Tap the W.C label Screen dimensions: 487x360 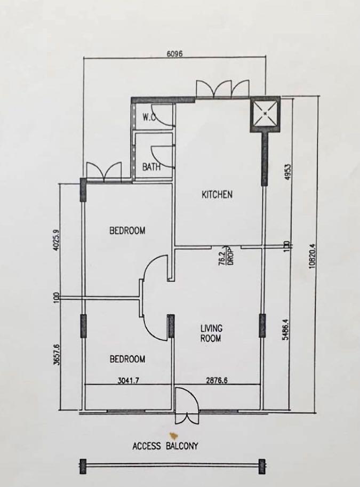149,118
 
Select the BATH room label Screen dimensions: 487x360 151,167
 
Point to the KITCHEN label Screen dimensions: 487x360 217,195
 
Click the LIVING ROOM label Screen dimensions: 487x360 211,333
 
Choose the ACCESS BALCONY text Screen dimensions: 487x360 165,445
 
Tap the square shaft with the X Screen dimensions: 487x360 266,114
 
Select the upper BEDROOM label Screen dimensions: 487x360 127,230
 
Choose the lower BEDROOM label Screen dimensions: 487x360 127,360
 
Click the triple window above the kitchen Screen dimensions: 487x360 222,89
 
